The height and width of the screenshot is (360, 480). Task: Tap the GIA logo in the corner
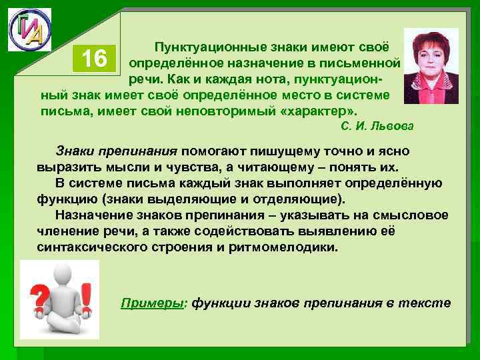(x=29, y=31)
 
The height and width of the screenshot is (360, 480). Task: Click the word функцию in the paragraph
(x=67, y=199)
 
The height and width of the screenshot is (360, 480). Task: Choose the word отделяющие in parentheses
(x=301, y=199)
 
